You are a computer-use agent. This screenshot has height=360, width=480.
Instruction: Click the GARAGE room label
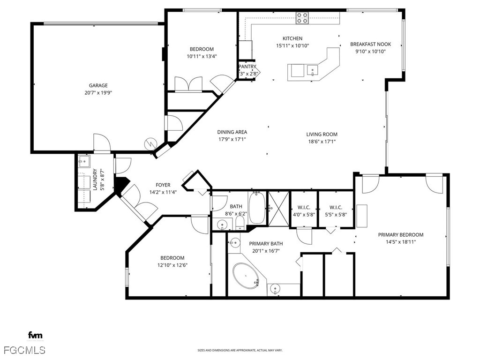98,85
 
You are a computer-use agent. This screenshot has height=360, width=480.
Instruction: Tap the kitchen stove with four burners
302,18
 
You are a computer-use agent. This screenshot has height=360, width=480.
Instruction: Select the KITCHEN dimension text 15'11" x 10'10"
292,46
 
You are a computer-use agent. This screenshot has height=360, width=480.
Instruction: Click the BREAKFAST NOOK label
370,44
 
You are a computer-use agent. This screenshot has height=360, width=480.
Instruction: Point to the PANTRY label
247,67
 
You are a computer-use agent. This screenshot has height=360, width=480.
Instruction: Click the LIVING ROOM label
322,134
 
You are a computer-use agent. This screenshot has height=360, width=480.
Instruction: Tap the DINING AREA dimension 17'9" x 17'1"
232,139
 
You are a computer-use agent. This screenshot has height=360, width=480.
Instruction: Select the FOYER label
163,185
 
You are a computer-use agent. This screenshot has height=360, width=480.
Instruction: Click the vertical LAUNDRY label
95,180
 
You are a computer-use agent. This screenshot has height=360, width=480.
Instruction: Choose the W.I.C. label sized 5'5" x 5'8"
336,207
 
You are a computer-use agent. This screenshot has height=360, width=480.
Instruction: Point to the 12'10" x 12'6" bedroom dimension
172,265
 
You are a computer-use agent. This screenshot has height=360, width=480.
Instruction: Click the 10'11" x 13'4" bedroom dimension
202,56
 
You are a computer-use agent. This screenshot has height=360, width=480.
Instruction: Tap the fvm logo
35,335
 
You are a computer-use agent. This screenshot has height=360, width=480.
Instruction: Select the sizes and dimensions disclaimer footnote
240,350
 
